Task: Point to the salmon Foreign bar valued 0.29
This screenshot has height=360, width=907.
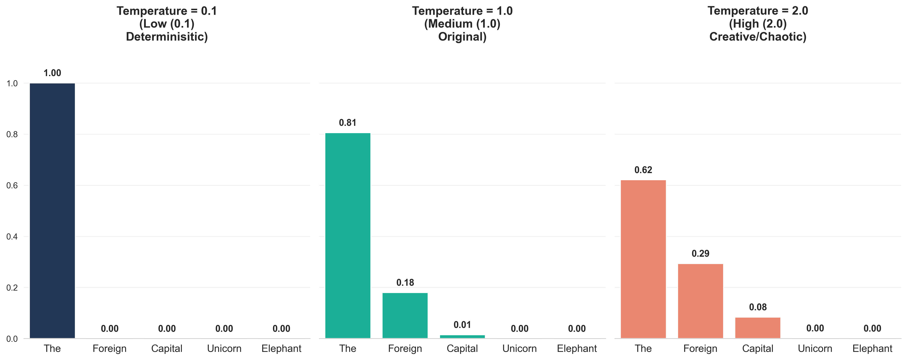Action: click(700, 301)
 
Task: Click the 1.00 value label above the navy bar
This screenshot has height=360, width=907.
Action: click(52, 73)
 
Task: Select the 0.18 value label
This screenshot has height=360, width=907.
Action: click(405, 282)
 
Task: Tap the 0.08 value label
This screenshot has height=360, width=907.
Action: click(758, 307)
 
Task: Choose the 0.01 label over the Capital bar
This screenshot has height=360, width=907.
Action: click(462, 325)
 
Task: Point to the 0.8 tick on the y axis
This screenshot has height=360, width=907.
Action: click(12, 134)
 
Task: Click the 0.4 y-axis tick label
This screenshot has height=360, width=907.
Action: click(12, 236)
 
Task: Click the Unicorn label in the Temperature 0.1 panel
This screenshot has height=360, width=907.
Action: click(224, 349)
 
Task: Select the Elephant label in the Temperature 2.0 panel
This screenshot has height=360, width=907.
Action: click(872, 349)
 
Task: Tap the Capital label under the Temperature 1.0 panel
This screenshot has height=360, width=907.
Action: click(462, 349)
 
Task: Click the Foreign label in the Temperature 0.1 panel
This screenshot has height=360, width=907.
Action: click(110, 349)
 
